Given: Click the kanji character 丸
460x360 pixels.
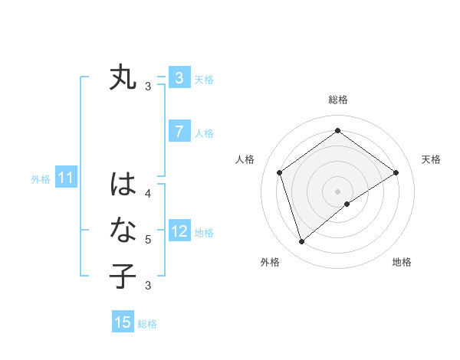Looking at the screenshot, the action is point(123,78).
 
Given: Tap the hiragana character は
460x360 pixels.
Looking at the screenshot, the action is point(123,185).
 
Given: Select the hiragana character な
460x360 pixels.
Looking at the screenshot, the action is point(123,229).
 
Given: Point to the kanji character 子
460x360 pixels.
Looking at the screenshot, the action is point(123,275).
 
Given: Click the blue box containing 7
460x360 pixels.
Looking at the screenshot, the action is point(179,132).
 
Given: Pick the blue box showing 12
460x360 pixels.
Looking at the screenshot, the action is point(179,231).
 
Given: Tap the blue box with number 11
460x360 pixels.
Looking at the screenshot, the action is point(65,178).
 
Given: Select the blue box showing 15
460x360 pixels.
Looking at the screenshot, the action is point(123,322).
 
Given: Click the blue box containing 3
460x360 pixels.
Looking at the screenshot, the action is point(179,78).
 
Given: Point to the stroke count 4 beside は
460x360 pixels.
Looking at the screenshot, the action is point(147,193).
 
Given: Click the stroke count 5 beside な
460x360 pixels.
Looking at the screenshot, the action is point(147,239).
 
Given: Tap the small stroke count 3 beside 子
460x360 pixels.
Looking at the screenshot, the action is point(147,286).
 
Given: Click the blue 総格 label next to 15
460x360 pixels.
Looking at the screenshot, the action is point(147,324).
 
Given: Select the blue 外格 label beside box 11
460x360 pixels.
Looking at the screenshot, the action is point(41,179).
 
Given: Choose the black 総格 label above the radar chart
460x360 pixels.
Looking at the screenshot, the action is point(337,100).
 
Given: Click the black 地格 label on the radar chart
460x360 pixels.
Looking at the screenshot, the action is point(402,263).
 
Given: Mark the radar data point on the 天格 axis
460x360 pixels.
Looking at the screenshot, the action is point(396,172).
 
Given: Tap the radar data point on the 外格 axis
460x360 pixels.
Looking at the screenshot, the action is point(301,242).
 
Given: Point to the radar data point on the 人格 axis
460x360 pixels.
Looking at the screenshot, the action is point(279,172).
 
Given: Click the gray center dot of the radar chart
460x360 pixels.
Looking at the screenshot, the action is point(337,191).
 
